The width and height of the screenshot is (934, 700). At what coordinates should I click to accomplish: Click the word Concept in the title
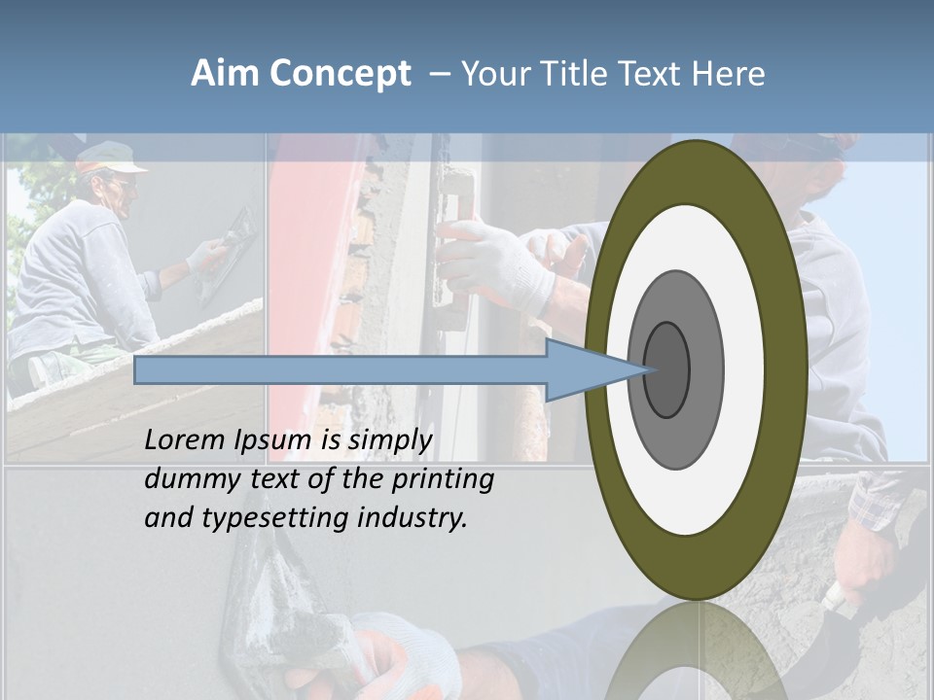(x=341, y=74)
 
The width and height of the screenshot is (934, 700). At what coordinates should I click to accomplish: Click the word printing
(x=442, y=479)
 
